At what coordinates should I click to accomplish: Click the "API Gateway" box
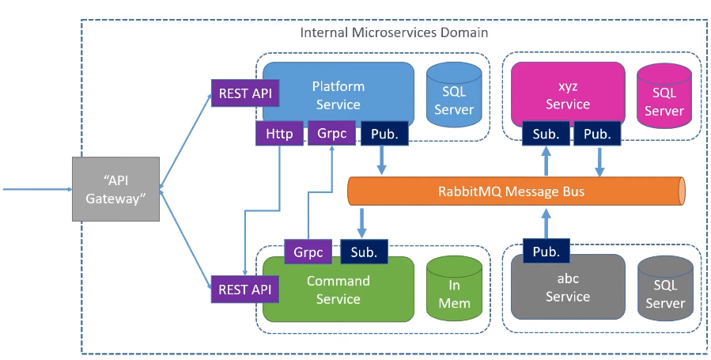(x=115, y=189)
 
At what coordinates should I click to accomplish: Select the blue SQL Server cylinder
(x=455, y=98)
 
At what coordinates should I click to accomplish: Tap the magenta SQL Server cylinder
(x=664, y=98)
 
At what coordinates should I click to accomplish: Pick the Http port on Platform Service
(x=279, y=134)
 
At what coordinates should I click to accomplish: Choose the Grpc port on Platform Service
(x=331, y=134)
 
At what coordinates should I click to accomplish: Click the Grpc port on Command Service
(x=308, y=252)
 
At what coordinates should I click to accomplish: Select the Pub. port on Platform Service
(x=384, y=134)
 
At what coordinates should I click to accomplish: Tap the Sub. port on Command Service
(x=364, y=252)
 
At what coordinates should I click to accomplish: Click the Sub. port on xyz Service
(x=546, y=134)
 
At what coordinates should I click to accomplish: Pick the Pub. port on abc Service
(x=546, y=252)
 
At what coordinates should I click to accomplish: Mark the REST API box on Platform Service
(x=245, y=93)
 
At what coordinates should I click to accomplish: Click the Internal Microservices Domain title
(x=394, y=32)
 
